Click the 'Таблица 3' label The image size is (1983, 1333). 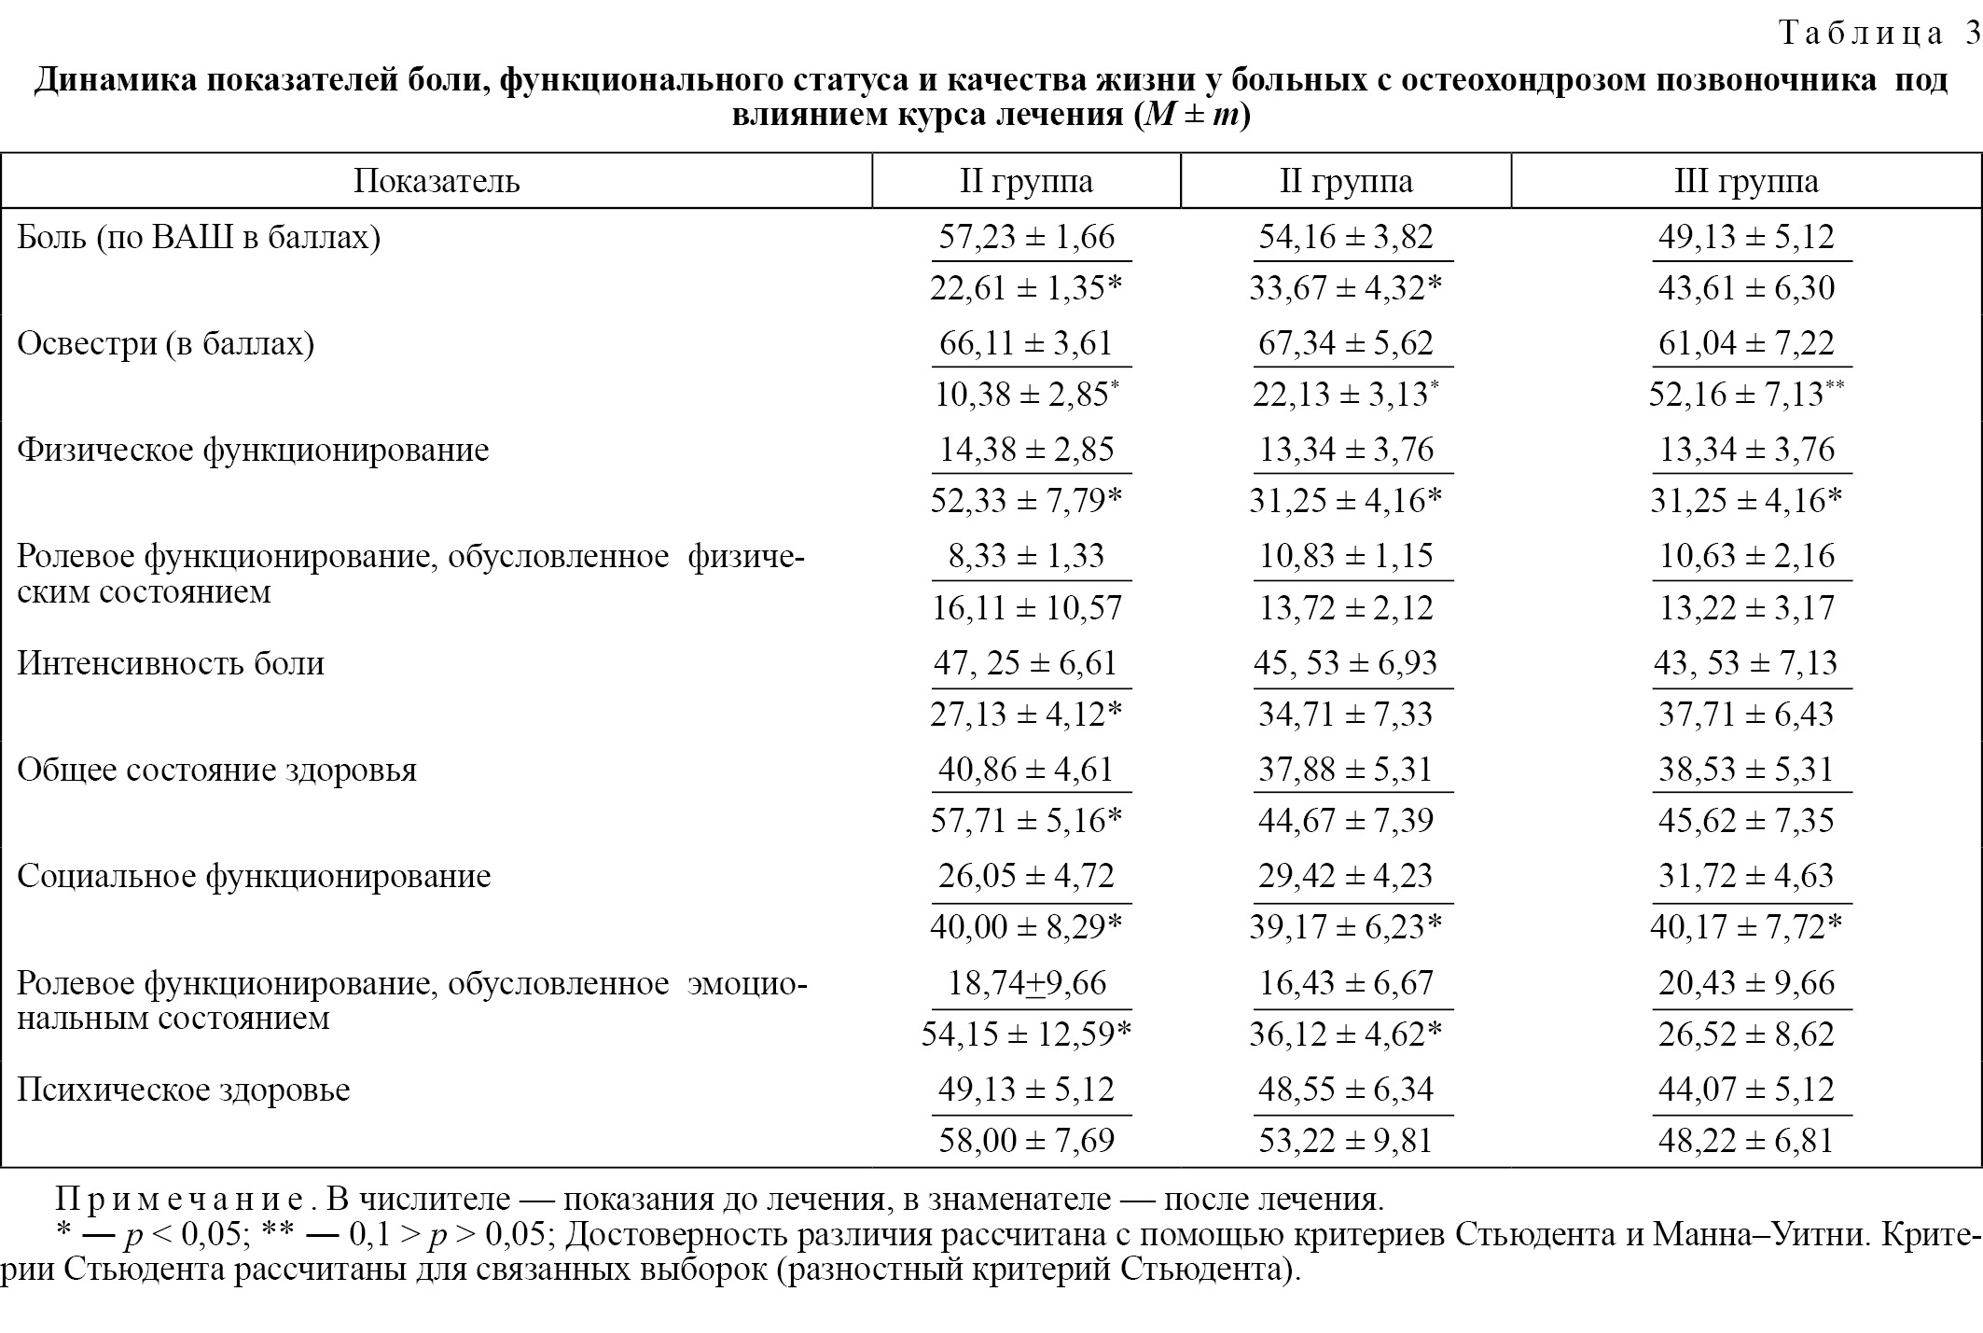[1878, 35]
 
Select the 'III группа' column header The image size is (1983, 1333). [1746, 181]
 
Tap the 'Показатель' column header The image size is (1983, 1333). [437, 181]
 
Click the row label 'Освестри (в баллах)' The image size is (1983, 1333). [166, 344]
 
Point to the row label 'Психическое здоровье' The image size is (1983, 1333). [184, 1090]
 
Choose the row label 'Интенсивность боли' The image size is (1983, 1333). [171, 663]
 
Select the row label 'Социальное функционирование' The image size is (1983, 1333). [254, 877]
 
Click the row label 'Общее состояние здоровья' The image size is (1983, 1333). [217, 771]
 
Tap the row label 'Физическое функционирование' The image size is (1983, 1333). [253, 451]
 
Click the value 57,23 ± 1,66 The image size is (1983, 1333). [1026, 237]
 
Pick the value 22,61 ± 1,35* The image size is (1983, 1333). [1026, 288]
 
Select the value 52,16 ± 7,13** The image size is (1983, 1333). [1746, 395]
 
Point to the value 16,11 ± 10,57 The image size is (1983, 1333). [1026, 608]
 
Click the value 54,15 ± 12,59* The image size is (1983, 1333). [1026, 1034]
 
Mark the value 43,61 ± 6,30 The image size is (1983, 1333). [1746, 288]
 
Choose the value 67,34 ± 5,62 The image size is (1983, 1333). [1345, 343]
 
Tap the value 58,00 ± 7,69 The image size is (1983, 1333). [1026, 1141]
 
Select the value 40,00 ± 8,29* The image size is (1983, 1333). [1026, 927]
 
